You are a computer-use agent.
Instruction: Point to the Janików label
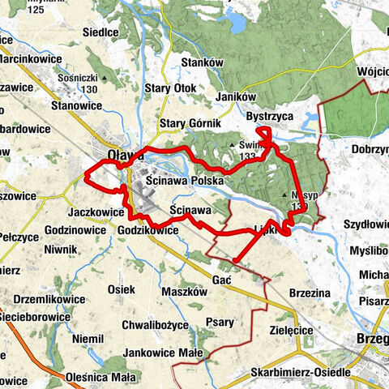pyautogui.click(x=237, y=96)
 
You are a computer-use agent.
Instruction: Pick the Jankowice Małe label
pyautogui.click(x=162, y=353)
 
